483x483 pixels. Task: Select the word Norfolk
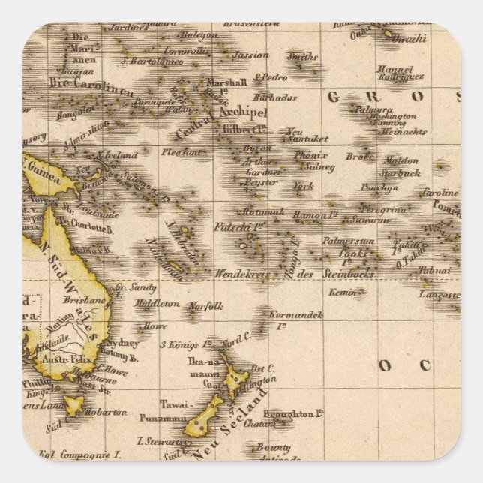205,306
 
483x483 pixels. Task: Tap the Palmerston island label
347,241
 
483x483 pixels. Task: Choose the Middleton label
156,304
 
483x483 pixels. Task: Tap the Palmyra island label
373,108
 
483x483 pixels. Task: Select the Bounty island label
273,447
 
